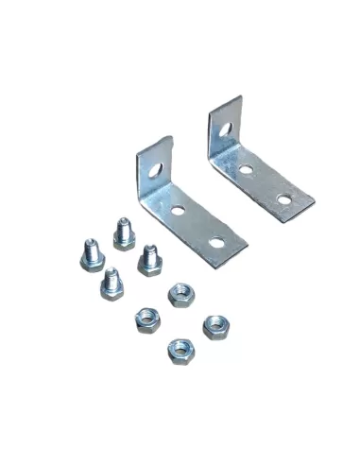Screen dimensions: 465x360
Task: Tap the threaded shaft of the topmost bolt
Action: coord(121,228)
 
